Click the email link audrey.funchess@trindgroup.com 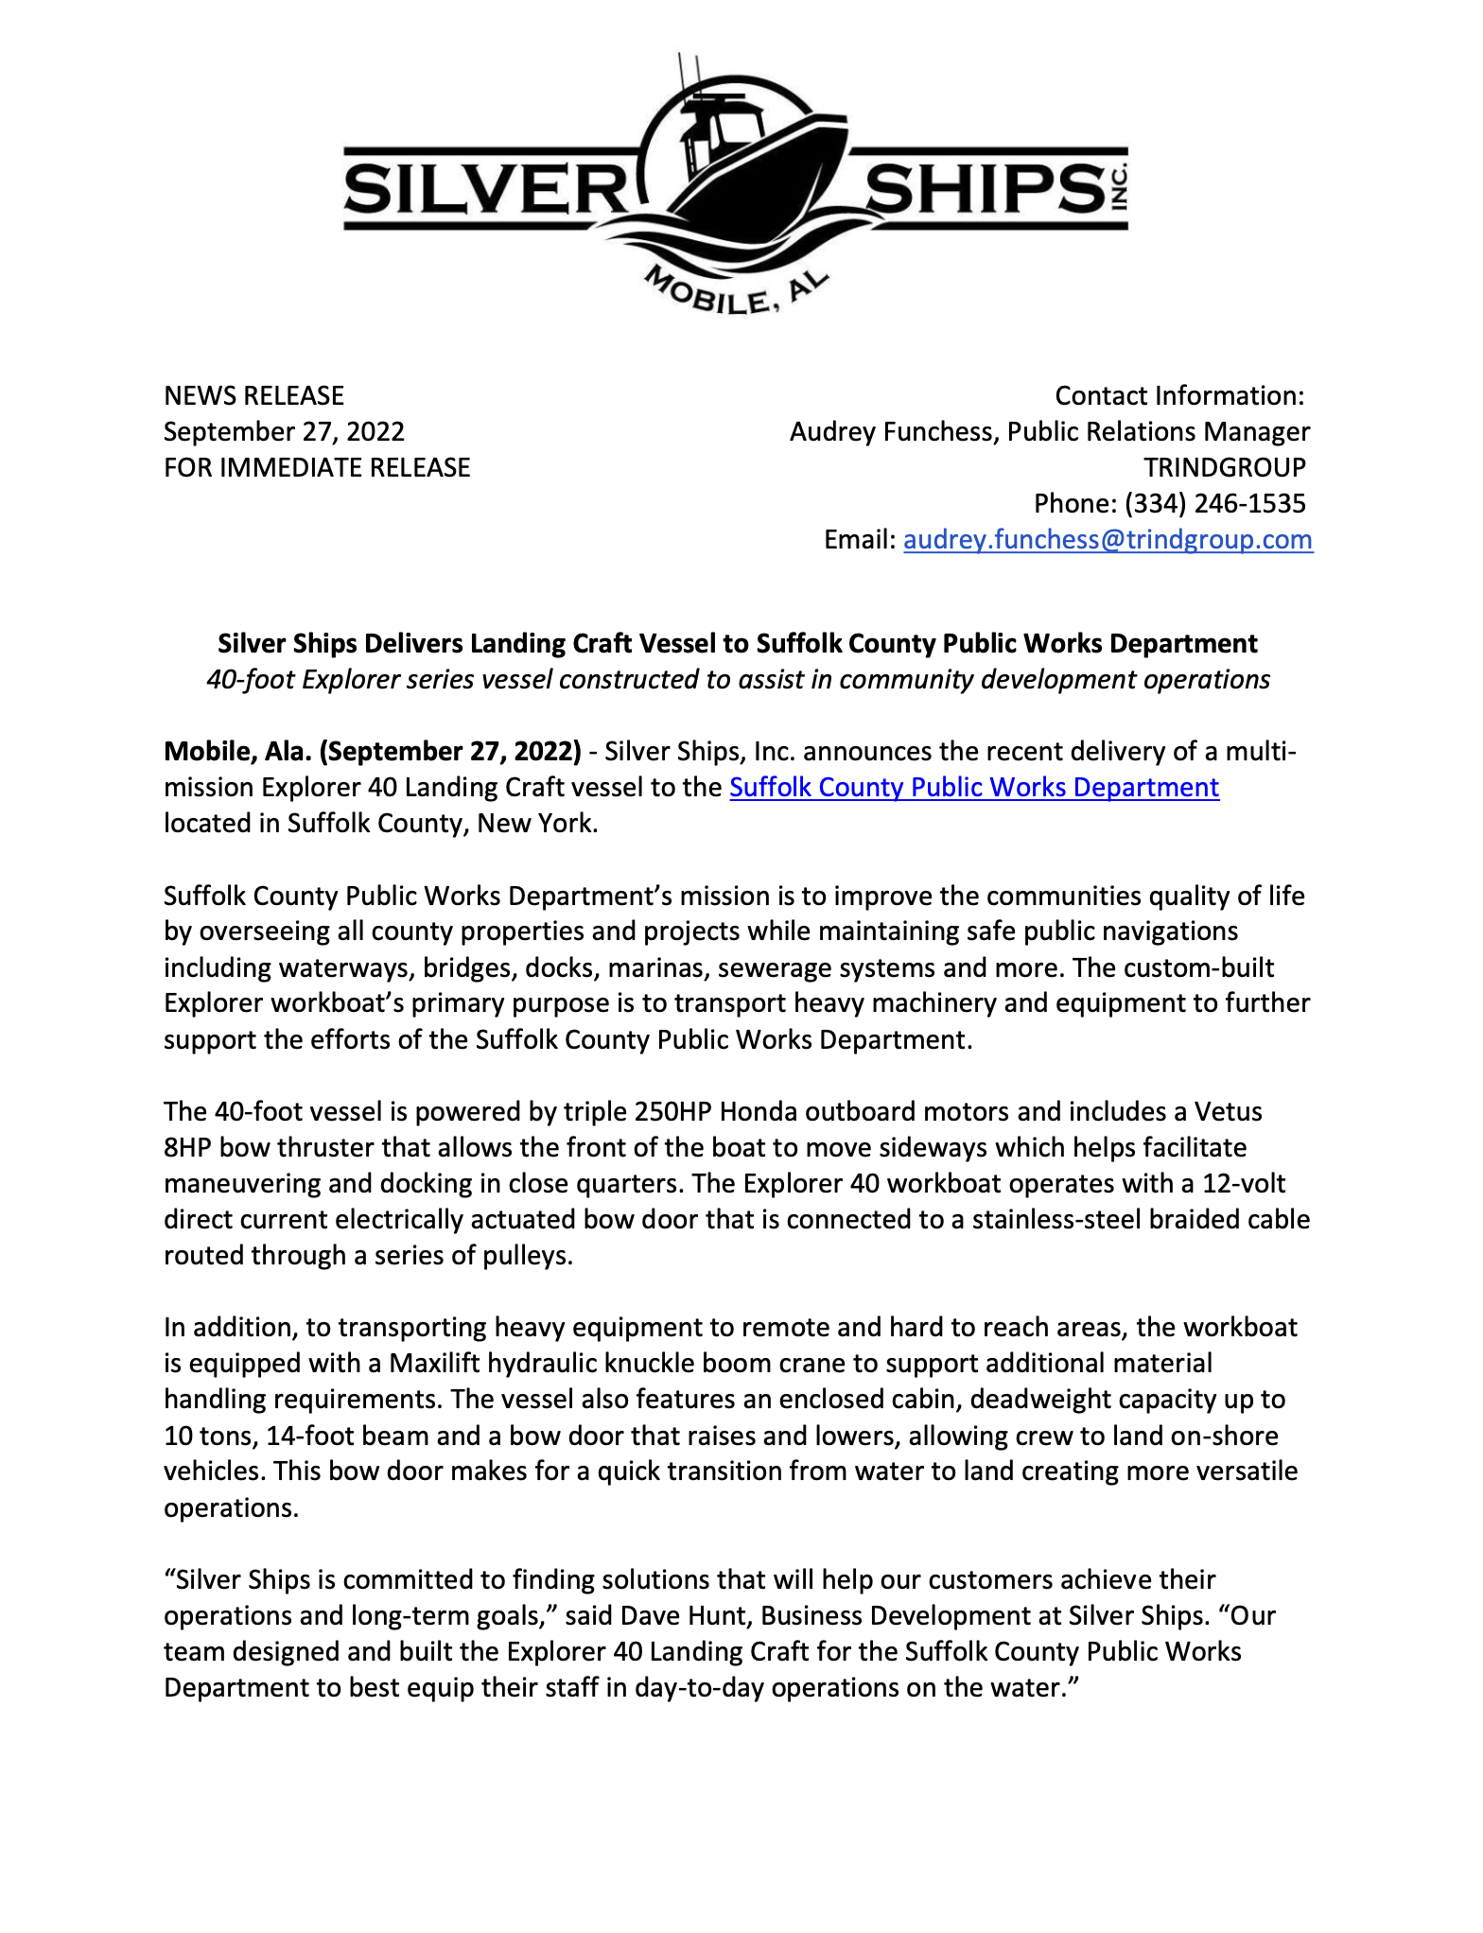1108,540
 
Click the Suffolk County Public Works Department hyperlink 973,788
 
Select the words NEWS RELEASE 253,395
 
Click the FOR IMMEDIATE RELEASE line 317,467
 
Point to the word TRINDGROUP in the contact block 1224,467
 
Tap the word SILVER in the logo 480,188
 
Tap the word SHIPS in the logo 984,188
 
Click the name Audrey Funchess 892,431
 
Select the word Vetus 1228,1111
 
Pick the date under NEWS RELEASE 284,431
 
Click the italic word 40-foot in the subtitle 251,680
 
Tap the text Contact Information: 1178,395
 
